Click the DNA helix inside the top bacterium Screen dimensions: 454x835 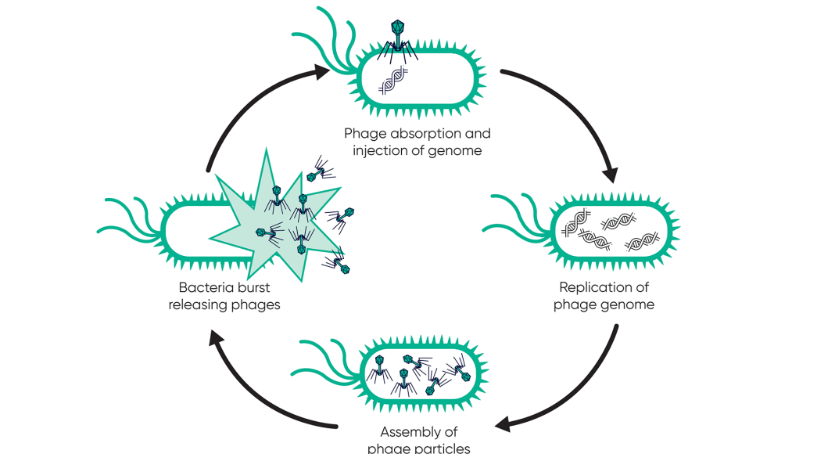(392, 81)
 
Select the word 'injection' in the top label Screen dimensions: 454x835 (370, 150)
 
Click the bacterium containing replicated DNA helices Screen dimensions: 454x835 (615, 231)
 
